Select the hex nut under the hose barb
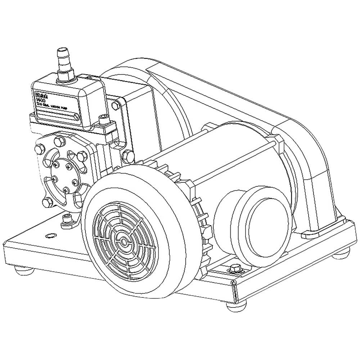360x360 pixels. click(66, 75)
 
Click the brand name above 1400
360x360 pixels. click(40, 94)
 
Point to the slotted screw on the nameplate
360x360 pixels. click(76, 117)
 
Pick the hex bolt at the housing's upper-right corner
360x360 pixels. click(115, 105)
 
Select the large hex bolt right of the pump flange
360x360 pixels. click(127, 156)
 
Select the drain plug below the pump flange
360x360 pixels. click(66, 220)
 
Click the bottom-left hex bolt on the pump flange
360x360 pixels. click(47, 202)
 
